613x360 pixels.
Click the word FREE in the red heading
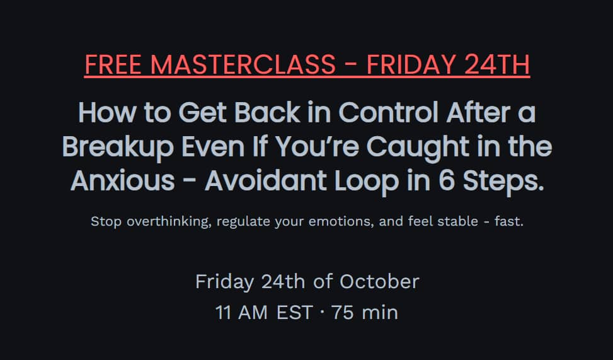click(x=113, y=64)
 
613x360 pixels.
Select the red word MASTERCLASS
click(x=243, y=64)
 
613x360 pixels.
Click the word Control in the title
click(x=388, y=112)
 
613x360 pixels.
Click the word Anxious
click(x=123, y=181)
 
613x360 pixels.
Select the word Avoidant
click(x=265, y=181)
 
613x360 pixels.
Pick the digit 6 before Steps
click(x=446, y=181)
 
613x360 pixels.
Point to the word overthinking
click(x=169, y=221)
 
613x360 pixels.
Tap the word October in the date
click(x=379, y=281)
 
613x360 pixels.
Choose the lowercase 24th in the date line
click(x=283, y=281)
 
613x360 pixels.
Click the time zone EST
click(x=294, y=313)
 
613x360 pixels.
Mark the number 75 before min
click(x=343, y=313)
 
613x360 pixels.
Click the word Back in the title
click(x=267, y=112)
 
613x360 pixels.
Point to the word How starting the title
click(x=107, y=112)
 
